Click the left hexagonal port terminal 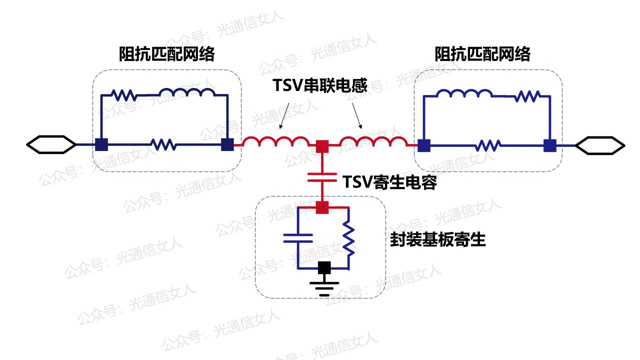click(51, 144)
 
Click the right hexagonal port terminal click(600, 145)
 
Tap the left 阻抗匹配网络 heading click(167, 53)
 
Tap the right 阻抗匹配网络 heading click(482, 53)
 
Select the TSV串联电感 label click(320, 85)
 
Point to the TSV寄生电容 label click(389, 182)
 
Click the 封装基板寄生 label click(437, 239)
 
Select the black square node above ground click(324, 268)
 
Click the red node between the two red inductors click(322, 146)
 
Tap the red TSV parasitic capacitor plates click(322, 177)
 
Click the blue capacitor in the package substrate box click(298, 238)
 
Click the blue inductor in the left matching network click(187, 92)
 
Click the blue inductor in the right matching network click(464, 93)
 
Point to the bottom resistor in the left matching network click(163, 144)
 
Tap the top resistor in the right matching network click(527, 96)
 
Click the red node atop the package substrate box click(322, 207)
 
